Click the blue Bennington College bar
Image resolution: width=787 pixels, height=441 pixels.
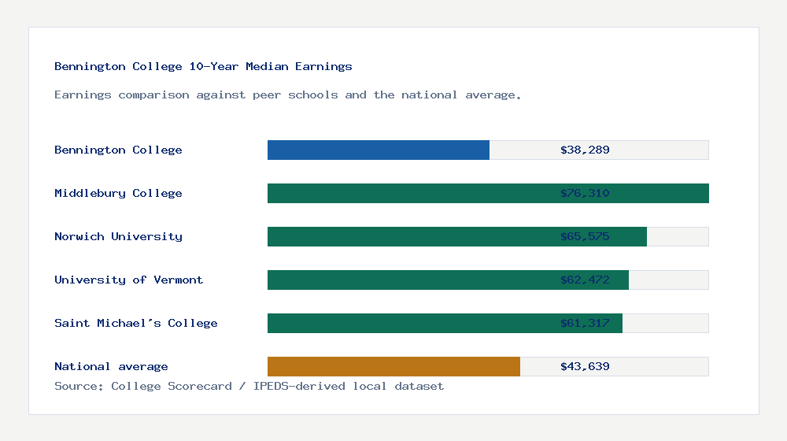point(378,150)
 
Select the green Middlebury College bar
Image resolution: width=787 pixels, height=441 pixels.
point(409,193)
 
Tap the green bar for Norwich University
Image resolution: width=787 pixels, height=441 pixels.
point(409,236)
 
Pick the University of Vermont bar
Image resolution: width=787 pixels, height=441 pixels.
point(409,280)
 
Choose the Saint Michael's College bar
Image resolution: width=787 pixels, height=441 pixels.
point(409,323)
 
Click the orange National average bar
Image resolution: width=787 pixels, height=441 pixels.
point(393,366)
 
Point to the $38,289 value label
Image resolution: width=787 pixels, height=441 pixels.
point(585,150)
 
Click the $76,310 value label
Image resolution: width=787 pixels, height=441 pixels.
point(585,193)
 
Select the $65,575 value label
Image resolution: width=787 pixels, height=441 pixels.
point(585,236)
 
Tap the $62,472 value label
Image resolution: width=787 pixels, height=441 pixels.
point(585,280)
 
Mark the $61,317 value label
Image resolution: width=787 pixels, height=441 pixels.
point(585,323)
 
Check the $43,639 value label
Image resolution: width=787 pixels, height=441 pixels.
point(585,366)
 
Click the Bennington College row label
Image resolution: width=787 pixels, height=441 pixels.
point(118,150)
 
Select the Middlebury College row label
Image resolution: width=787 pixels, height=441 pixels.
point(118,193)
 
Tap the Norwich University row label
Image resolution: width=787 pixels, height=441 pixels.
point(118,236)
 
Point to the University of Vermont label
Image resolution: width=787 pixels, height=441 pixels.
point(128,280)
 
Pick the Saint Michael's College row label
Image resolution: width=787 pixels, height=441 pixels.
point(135,323)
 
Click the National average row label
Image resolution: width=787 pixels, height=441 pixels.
point(111,366)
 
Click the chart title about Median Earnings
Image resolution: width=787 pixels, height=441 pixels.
point(203,67)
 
